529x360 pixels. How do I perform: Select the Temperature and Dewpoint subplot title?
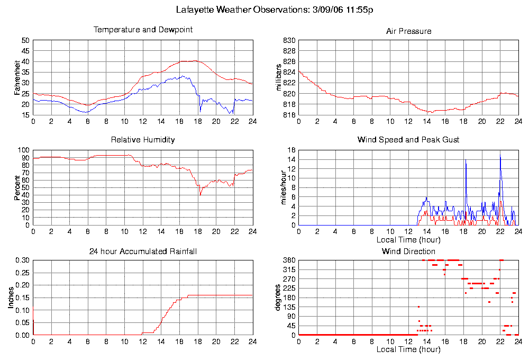tap(143, 30)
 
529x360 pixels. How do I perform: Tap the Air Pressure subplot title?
tap(408, 31)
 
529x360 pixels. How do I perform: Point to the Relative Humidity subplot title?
tap(143, 140)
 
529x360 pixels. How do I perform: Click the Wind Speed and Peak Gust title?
tap(408, 140)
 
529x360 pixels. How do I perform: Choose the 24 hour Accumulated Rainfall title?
tap(143, 251)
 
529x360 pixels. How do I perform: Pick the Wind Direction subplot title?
tap(408, 251)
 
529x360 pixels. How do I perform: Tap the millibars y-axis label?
tap(280, 77)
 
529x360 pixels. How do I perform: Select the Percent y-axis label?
tap(17, 188)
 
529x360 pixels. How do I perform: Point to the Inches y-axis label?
tap(11, 298)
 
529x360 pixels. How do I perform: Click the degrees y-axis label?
tap(278, 298)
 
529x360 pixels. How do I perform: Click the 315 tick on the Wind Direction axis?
tap(289, 269)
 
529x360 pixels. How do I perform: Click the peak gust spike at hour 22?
tap(500, 157)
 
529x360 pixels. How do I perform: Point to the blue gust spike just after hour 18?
tap(466, 160)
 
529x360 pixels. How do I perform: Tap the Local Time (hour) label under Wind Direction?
tap(408, 349)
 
